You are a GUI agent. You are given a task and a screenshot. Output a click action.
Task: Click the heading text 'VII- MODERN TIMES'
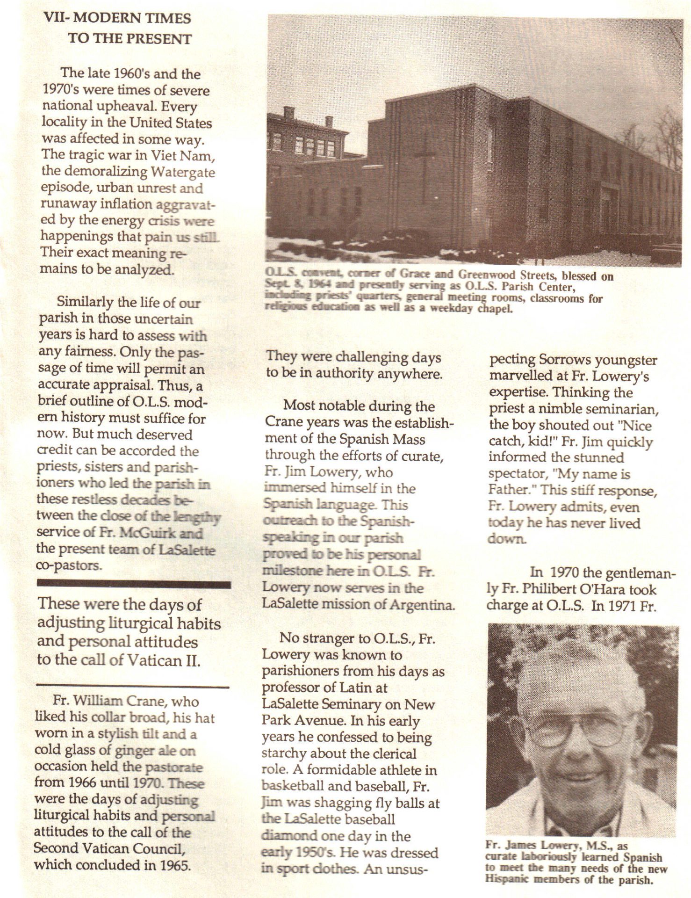pyautogui.click(x=117, y=18)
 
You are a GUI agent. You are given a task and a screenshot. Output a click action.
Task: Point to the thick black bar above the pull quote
pyautogui.click(x=134, y=584)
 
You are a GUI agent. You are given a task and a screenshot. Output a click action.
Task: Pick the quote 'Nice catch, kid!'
pyautogui.click(x=570, y=434)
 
